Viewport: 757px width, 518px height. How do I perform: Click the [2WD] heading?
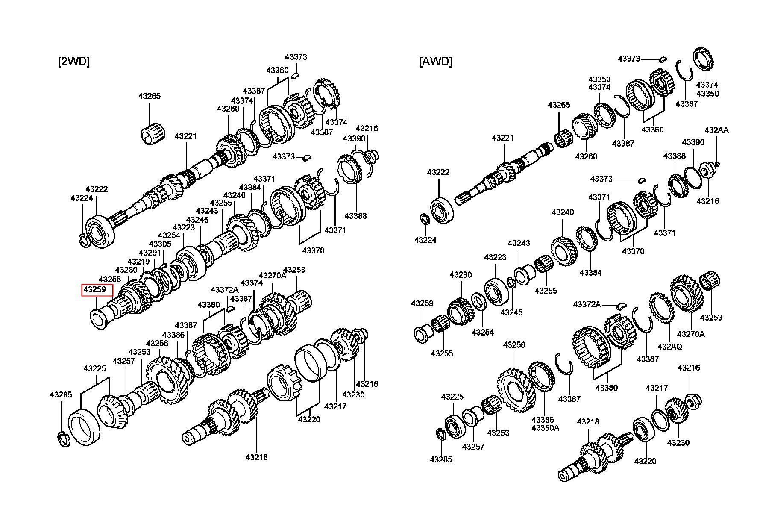(x=73, y=62)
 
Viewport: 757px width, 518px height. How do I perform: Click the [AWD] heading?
(x=435, y=62)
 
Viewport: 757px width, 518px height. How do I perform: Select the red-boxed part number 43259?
(x=94, y=290)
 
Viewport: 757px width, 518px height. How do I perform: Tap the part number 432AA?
(x=716, y=130)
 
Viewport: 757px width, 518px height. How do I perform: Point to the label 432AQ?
(x=669, y=347)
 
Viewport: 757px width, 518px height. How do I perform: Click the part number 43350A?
(x=545, y=427)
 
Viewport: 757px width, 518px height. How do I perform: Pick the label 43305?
(x=161, y=244)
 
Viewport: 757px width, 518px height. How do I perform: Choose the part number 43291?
(x=150, y=253)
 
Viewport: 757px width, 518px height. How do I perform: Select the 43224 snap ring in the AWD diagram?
(x=424, y=219)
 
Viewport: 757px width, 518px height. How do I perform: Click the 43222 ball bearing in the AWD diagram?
(x=441, y=210)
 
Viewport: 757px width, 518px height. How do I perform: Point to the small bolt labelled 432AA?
(x=718, y=163)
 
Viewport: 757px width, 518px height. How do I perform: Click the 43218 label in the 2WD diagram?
(x=256, y=457)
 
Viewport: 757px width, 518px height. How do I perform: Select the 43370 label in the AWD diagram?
(x=633, y=251)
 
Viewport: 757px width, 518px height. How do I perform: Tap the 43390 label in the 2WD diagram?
(x=354, y=139)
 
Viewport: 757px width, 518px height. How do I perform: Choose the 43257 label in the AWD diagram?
(x=473, y=447)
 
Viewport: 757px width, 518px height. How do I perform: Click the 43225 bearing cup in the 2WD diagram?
(x=84, y=427)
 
